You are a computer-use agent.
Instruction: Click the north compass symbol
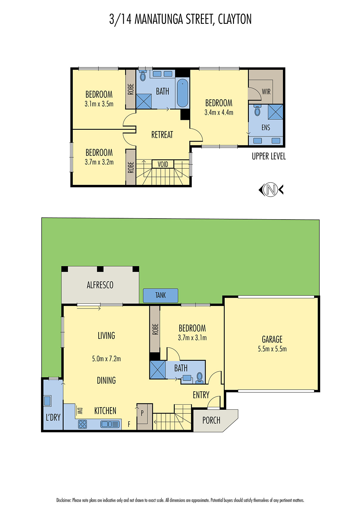[271, 190]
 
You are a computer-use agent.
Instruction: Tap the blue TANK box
[160, 295]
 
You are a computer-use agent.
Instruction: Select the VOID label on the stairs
[163, 164]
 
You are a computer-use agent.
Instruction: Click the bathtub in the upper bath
[182, 93]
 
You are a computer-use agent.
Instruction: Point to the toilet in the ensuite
[257, 111]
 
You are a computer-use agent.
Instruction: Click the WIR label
[266, 92]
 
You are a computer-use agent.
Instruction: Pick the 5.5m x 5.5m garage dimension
[272, 349]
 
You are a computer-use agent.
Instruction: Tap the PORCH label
[211, 420]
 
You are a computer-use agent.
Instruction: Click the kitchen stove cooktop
[82, 424]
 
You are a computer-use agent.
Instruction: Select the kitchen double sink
[110, 424]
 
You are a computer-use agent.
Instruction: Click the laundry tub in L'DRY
[47, 401]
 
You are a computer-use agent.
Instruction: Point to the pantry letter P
[142, 413]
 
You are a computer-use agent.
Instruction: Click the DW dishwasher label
[80, 411]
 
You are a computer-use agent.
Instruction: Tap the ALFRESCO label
[100, 285]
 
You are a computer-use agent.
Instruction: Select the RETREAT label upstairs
[162, 135]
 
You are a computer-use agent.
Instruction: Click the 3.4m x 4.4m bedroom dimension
[219, 113]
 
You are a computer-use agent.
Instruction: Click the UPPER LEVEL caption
[269, 156]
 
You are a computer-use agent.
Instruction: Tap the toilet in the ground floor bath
[200, 377]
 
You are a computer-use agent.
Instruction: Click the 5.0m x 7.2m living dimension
[106, 359]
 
